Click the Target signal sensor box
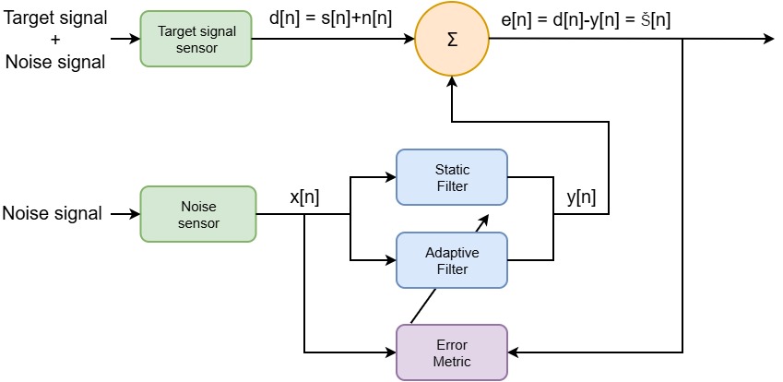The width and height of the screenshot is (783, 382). (x=196, y=39)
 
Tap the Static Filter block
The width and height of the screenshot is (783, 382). (x=451, y=178)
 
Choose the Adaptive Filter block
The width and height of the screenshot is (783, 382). (x=451, y=261)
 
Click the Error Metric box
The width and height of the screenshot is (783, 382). (x=451, y=352)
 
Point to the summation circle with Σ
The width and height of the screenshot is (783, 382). (x=451, y=41)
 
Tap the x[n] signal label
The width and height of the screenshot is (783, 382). (x=304, y=197)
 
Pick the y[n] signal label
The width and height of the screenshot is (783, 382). (x=580, y=197)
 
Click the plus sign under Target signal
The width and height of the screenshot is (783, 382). (x=55, y=39)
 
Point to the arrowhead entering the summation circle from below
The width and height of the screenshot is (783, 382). (x=451, y=83)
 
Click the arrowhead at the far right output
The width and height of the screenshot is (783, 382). (x=767, y=40)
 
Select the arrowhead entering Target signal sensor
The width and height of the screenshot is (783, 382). (x=135, y=40)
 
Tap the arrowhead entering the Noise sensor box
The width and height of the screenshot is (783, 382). (x=135, y=214)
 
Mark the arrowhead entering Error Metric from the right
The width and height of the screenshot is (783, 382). (x=514, y=352)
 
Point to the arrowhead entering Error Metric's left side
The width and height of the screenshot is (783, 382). (x=390, y=352)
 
